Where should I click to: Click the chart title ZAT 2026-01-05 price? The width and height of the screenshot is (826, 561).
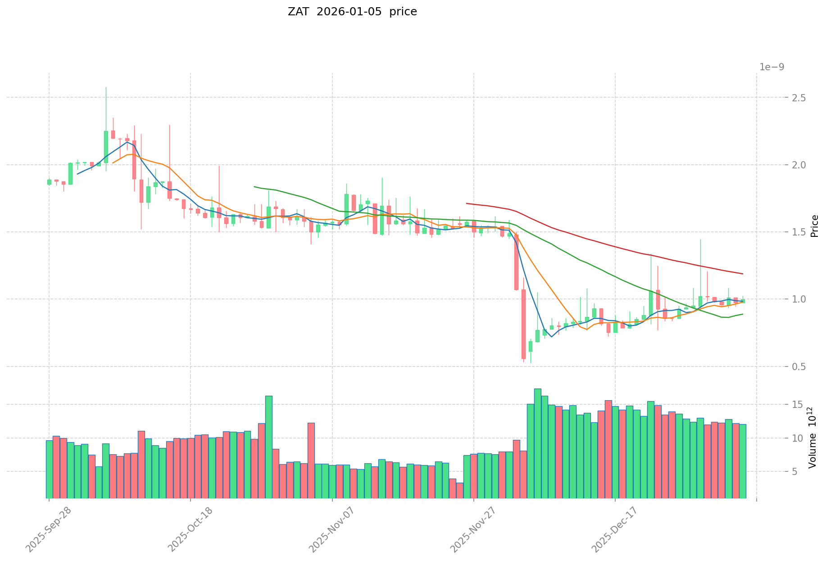(x=352, y=12)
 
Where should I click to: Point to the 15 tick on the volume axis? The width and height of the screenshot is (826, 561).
(x=771, y=404)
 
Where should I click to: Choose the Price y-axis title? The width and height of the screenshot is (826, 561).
(x=814, y=226)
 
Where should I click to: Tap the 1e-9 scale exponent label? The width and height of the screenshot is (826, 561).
(x=772, y=67)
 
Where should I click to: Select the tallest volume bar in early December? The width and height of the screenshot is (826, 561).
(x=538, y=443)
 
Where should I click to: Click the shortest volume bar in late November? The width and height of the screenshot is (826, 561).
(x=460, y=490)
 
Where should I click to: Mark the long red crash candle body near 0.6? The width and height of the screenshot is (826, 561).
(x=523, y=324)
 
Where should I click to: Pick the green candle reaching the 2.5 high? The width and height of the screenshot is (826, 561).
(x=106, y=146)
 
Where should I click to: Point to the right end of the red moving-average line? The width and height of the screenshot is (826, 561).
(x=743, y=274)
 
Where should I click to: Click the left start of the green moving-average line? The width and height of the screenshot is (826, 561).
(x=254, y=186)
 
